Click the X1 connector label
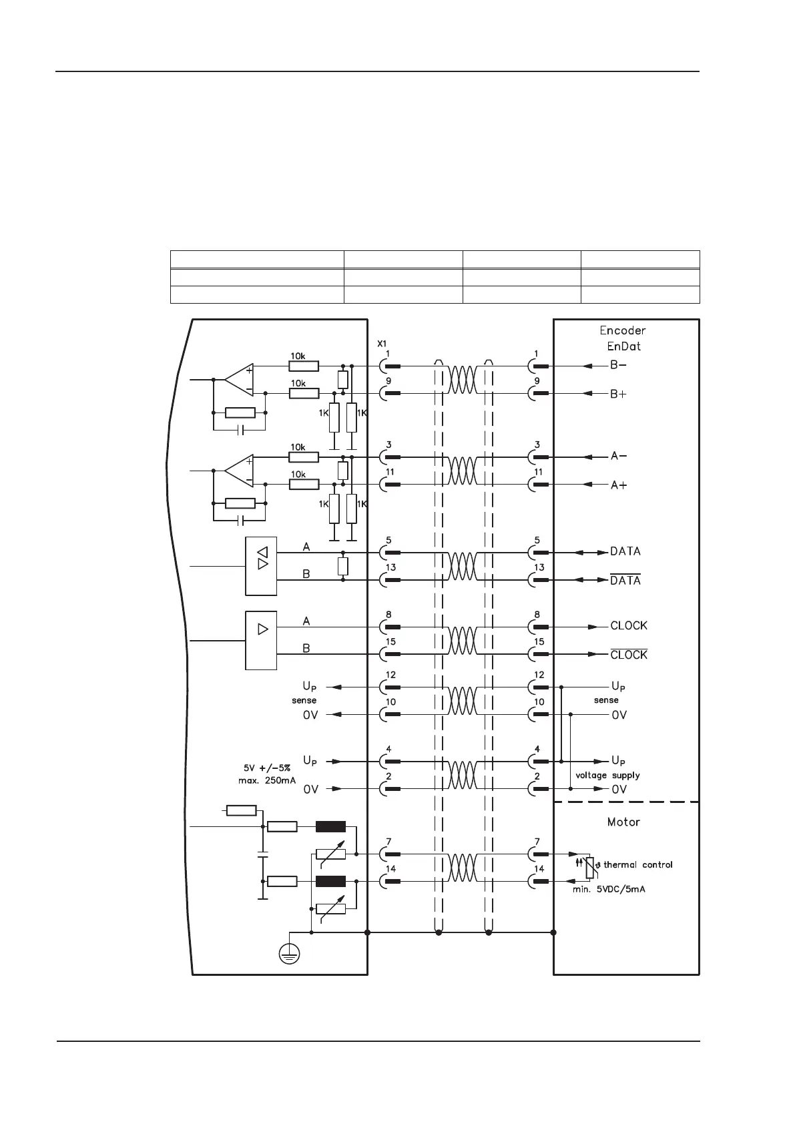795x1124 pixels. pyautogui.click(x=382, y=344)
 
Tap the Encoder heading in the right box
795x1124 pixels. pyautogui.click(x=622, y=330)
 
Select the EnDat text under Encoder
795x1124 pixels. pyautogui.click(x=623, y=346)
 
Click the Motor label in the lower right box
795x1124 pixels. pyautogui.click(x=623, y=822)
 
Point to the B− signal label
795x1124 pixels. pyautogui.click(x=618, y=366)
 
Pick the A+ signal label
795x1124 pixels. pyautogui.click(x=618, y=485)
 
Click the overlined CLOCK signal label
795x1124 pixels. pyautogui.click(x=629, y=655)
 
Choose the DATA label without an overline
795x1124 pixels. pyautogui.click(x=625, y=551)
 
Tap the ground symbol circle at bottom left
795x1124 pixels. pyautogui.click(x=290, y=953)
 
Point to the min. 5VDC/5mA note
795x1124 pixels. pyautogui.click(x=609, y=890)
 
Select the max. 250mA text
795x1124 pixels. pyautogui.click(x=267, y=781)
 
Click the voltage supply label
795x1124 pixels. pyautogui.click(x=607, y=776)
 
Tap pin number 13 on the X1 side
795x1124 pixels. pyautogui.click(x=390, y=567)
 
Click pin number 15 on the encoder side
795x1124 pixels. pyautogui.click(x=539, y=642)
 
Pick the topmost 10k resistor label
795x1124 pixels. pyautogui.click(x=298, y=356)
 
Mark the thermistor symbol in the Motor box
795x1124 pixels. pyautogui.click(x=589, y=868)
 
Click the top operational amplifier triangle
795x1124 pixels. pyautogui.click(x=239, y=380)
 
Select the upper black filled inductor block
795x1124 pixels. pyautogui.click(x=330, y=827)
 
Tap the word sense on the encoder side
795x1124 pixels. pyautogui.click(x=606, y=700)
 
